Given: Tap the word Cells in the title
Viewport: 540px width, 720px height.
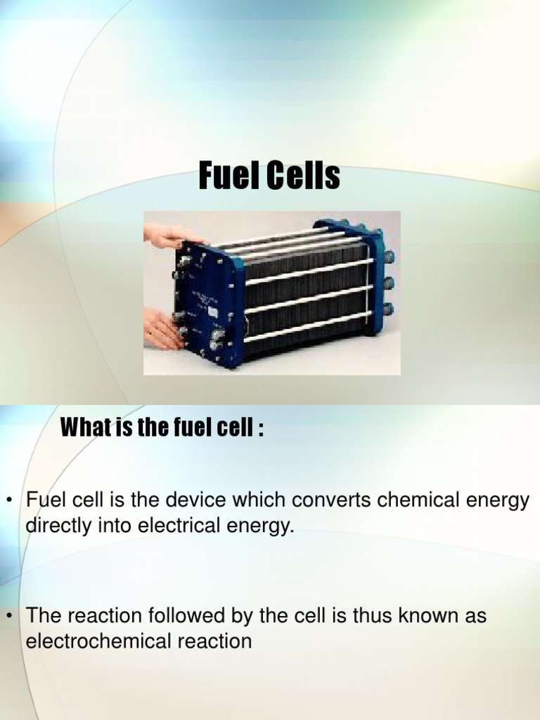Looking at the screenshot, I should pos(302,176).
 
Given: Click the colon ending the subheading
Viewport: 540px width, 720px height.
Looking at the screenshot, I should pos(261,428).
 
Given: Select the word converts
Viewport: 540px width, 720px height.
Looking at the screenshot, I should pos(331,501).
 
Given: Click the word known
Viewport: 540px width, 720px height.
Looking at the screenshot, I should pos(430,617).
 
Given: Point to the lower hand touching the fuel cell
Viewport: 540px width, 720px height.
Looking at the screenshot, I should pos(162,329).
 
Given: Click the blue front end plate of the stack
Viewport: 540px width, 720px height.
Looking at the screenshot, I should pos(208,302).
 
